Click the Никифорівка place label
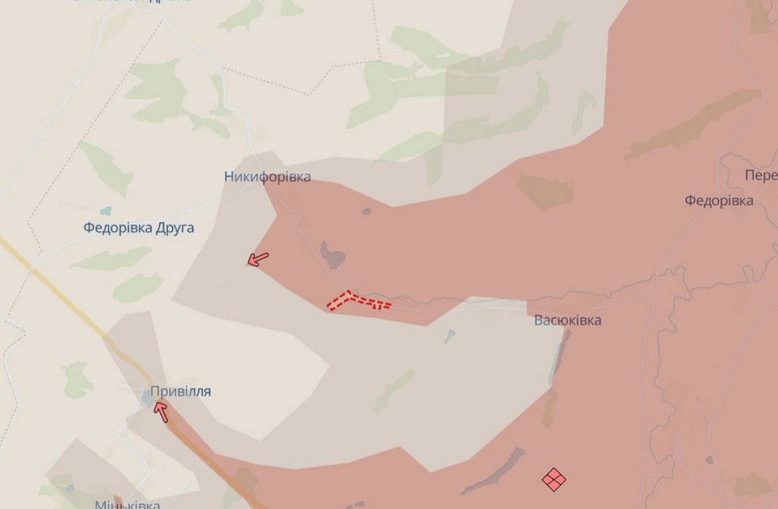click(267, 177)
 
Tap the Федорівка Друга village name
click(138, 228)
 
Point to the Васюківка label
click(567, 320)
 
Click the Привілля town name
click(180, 391)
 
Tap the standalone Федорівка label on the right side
click(719, 201)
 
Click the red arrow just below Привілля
click(162, 410)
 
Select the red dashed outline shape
click(358, 300)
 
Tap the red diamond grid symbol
click(553, 479)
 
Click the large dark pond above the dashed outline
click(332, 254)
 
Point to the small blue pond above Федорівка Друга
click(105, 212)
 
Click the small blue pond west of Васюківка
click(450, 337)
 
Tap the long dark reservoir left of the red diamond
click(494, 470)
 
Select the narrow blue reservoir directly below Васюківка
click(558, 359)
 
